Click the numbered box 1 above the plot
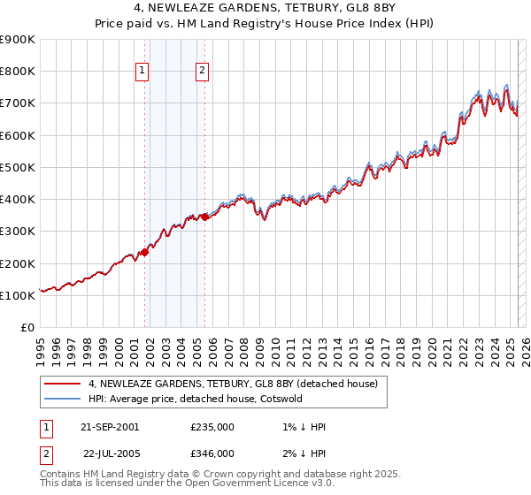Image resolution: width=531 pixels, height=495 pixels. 142,72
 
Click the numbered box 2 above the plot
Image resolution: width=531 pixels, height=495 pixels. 203,72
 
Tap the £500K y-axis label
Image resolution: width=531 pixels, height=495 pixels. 18,167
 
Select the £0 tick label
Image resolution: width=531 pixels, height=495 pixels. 28,327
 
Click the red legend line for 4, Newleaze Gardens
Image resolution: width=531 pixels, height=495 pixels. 62,384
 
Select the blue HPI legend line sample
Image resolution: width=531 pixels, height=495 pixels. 62,399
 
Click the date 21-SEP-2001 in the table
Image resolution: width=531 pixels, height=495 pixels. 110,427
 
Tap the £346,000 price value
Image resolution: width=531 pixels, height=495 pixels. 212,453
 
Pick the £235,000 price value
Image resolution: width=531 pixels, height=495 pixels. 212,427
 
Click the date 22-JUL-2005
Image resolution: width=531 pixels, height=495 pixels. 110,453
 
